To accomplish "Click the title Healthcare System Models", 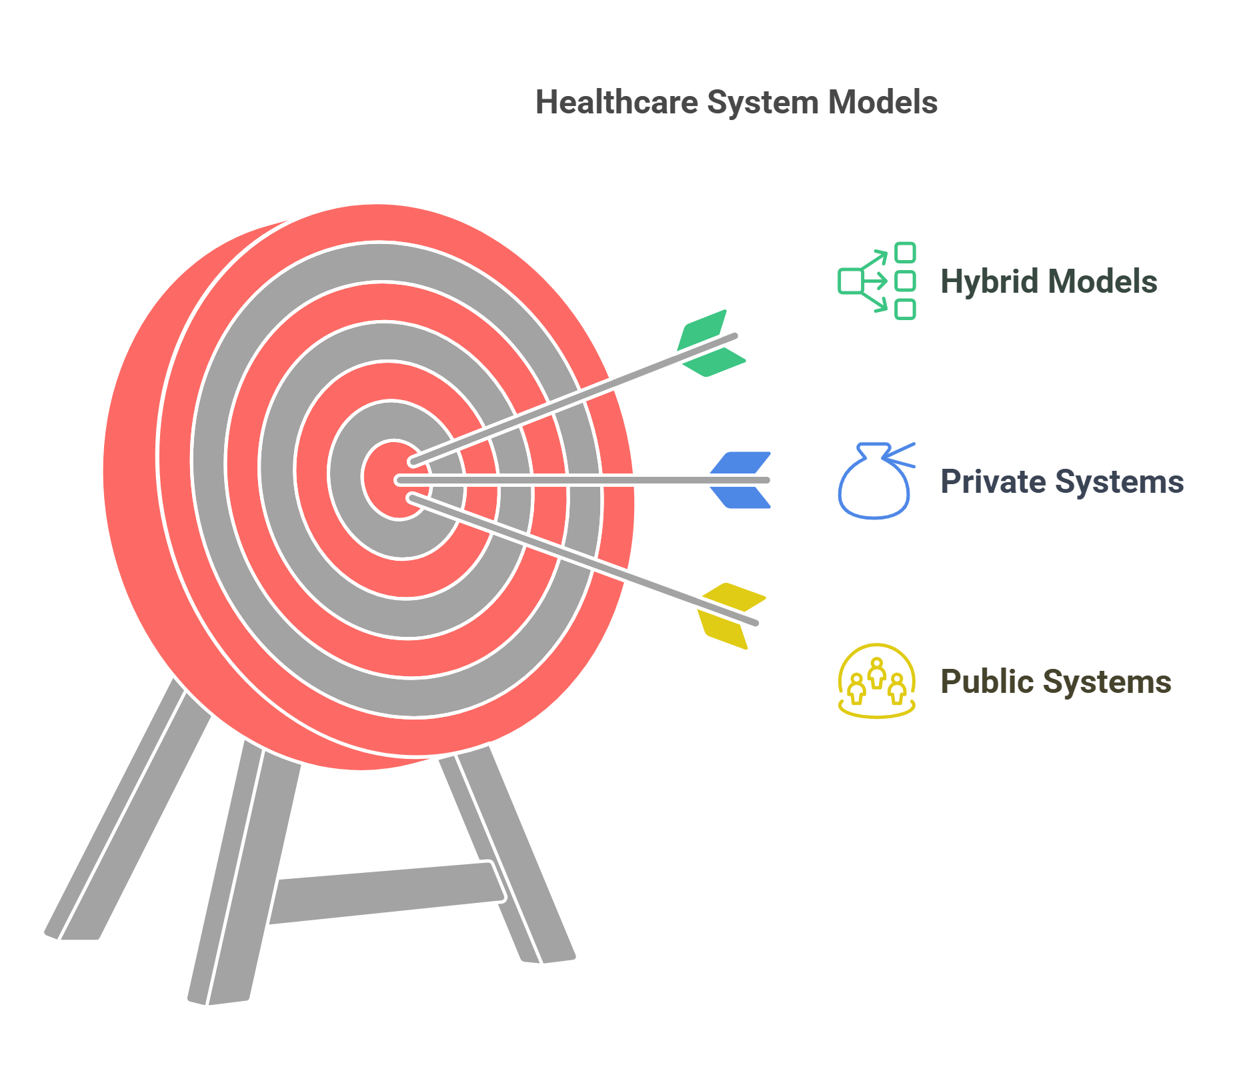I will [x=736, y=103].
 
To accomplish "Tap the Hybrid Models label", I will [x=1048, y=281].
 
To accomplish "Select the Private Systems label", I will [x=1062, y=481].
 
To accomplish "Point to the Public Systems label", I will [x=1056, y=682].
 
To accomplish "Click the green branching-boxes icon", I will [x=876, y=281].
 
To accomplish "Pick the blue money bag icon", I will [x=874, y=483].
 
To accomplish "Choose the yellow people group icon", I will [x=876, y=681].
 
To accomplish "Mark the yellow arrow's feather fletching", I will [x=730, y=615].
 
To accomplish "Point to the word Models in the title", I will [x=882, y=103].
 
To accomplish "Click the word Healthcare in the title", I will [x=617, y=103].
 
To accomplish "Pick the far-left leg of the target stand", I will [x=127, y=814].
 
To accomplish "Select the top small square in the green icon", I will [x=905, y=253].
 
